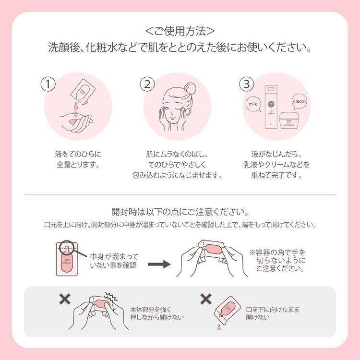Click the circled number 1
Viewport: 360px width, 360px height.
[x=48, y=84]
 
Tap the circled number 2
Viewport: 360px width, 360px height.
[x=147, y=84]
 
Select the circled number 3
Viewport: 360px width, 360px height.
[x=246, y=84]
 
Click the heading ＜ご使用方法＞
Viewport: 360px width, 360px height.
[x=180, y=32]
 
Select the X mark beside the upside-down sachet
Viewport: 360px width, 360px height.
[x=205, y=300]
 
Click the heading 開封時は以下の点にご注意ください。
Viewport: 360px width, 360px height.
[x=180, y=212]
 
